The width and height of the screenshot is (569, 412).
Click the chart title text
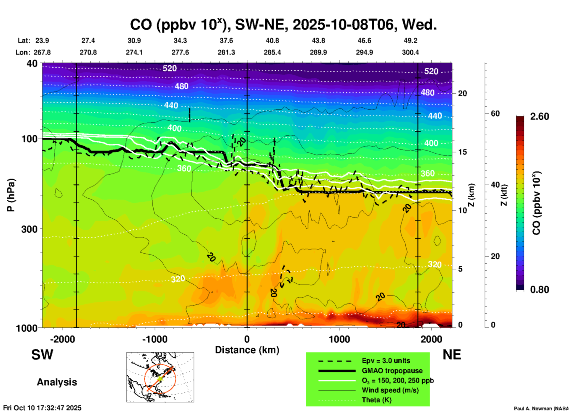coord(283,25)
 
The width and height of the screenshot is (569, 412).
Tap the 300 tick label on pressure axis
coord(30,229)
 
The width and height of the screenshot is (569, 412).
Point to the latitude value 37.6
coord(226,40)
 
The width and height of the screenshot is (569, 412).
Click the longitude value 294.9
coord(364,52)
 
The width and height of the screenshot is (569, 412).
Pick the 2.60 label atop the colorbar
coord(539,116)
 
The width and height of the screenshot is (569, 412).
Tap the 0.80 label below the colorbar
coord(539,290)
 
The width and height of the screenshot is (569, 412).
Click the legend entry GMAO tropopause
coord(392,371)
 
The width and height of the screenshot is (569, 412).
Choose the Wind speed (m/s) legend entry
coord(390,390)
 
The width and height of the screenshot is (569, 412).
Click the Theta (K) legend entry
coord(376,400)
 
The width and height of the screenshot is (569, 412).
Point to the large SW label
coord(42,355)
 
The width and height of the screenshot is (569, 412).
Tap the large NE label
coord(452,355)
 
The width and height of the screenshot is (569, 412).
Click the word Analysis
coord(57,382)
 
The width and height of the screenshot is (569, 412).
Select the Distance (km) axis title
coord(247,350)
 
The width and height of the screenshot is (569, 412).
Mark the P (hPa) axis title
coord(11,195)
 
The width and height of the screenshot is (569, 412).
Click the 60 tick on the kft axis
coord(495,113)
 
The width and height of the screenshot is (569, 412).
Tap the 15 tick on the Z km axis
coord(462,152)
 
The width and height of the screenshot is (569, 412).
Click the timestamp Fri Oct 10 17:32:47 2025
coord(42,408)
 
